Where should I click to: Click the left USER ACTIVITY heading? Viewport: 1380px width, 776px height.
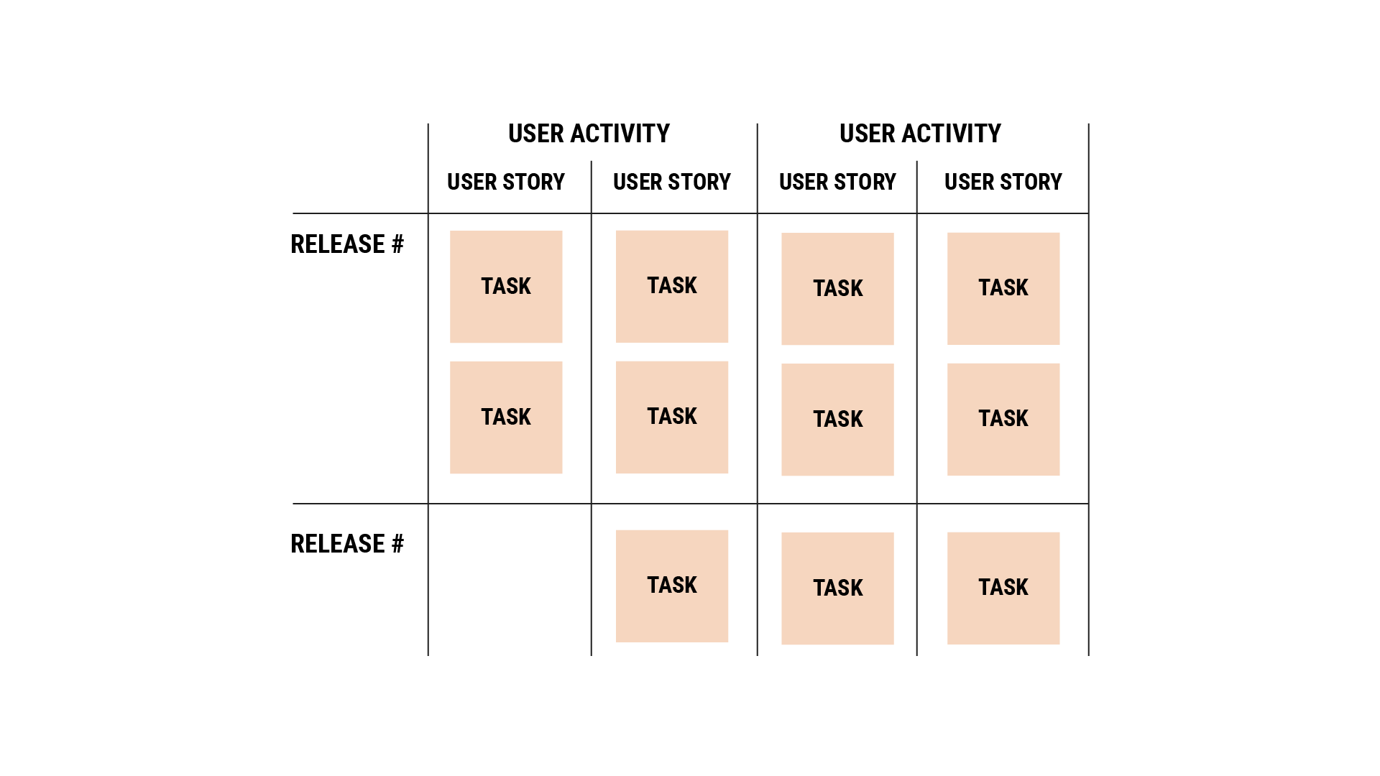(589, 134)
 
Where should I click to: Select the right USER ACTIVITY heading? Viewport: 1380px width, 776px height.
(920, 134)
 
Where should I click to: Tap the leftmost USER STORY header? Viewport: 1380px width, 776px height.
(506, 182)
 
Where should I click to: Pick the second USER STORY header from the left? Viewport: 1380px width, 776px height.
(672, 182)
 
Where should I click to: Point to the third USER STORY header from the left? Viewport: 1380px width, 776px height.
(837, 182)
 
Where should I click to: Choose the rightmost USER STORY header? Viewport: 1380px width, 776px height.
(1003, 182)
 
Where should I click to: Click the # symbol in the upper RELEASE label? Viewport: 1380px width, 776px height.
(397, 244)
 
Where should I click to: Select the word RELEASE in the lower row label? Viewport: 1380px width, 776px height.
(338, 544)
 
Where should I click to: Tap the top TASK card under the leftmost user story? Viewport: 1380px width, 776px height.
(506, 287)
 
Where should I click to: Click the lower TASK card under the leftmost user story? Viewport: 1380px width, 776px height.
(506, 417)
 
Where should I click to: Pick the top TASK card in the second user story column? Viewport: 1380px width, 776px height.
(672, 286)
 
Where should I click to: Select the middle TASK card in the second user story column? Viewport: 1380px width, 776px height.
(672, 417)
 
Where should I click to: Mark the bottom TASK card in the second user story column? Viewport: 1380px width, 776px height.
(672, 586)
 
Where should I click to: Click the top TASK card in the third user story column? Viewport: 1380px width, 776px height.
(837, 289)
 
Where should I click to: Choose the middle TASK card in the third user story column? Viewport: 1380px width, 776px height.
(837, 420)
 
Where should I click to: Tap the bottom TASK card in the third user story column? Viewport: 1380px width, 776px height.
(837, 588)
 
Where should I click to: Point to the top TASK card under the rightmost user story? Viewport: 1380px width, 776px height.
(1003, 288)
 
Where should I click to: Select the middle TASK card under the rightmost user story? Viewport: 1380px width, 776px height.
(1003, 419)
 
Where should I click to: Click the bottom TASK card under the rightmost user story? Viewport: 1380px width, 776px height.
(1003, 588)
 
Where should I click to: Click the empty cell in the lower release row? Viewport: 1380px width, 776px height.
(509, 579)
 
